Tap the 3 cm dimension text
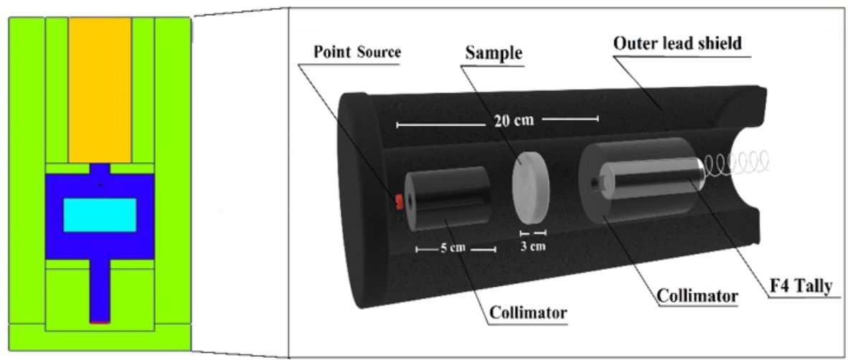(532, 245)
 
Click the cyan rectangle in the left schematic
(100, 215)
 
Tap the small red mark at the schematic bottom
(100, 323)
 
